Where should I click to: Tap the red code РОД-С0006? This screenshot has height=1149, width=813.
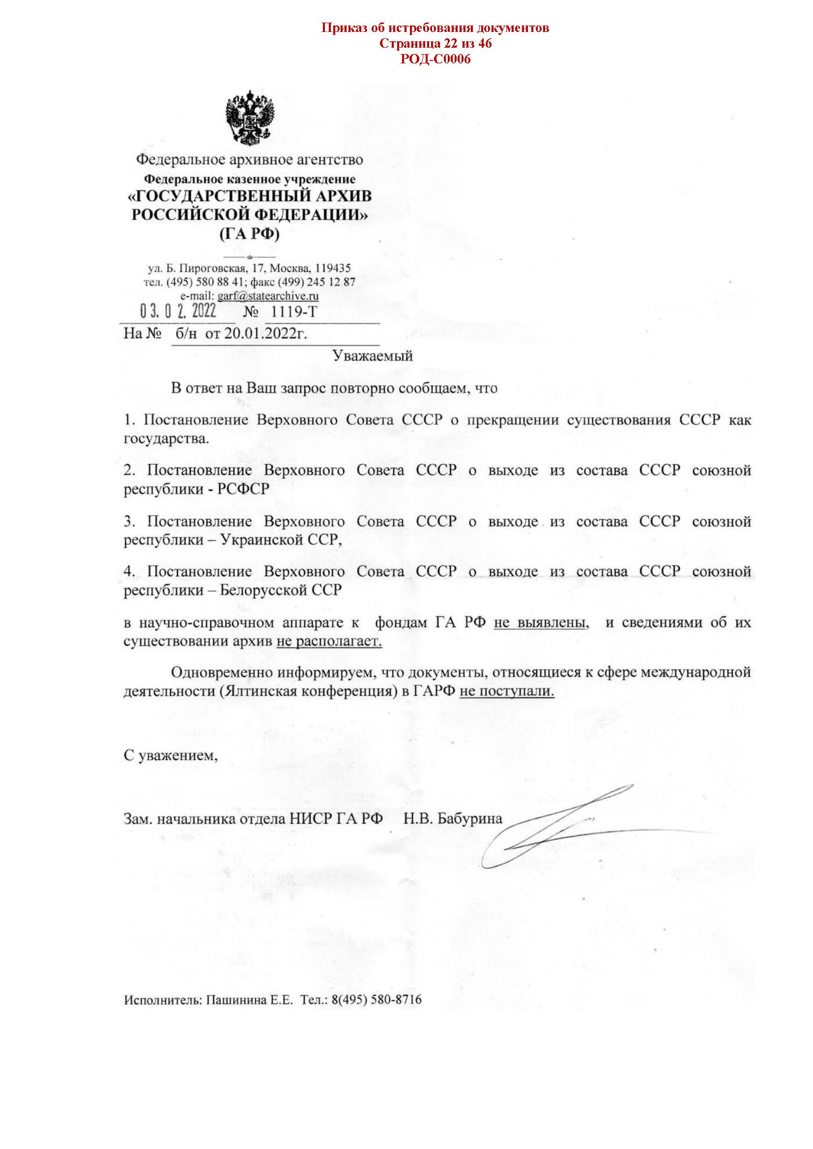[435, 59]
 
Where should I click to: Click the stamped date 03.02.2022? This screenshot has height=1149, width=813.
[178, 312]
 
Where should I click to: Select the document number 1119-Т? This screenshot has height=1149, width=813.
[294, 312]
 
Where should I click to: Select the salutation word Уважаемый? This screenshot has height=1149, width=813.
[373, 356]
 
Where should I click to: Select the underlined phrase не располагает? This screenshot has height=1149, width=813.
[329, 642]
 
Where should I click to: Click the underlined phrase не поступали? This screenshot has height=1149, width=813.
[507, 692]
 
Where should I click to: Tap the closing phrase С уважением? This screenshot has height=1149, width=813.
[171, 756]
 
